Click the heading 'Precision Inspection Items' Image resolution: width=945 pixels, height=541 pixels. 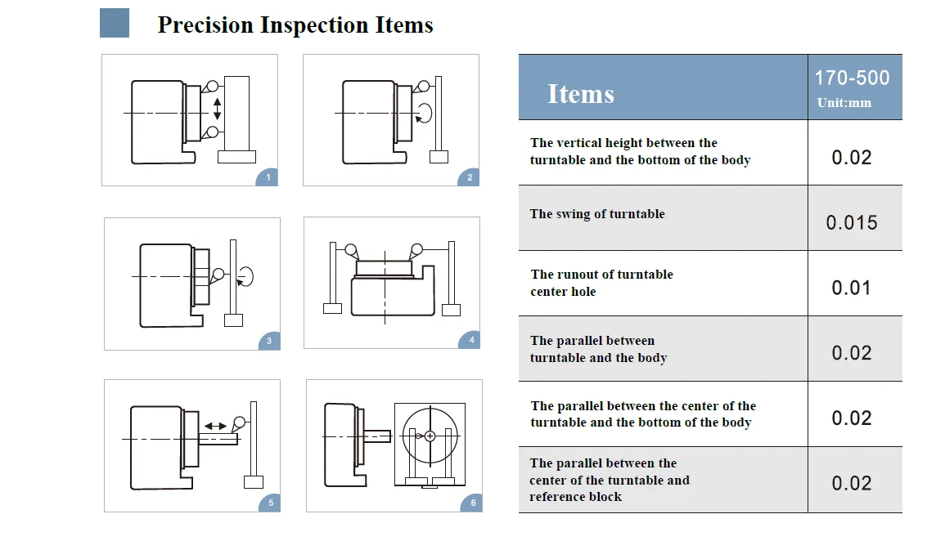pos(295,25)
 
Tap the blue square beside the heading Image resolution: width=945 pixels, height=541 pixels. pos(115,23)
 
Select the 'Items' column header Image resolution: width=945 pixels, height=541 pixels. pos(580,94)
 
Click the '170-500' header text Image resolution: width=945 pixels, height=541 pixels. pos(852,78)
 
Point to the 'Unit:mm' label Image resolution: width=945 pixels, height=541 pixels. pos(844,103)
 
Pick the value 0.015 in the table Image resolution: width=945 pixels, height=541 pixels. pos(851,222)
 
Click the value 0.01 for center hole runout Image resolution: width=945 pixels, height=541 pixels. pos(851,288)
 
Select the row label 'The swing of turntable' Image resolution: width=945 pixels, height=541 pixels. pos(597,214)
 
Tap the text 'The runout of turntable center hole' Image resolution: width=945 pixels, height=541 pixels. pos(601,283)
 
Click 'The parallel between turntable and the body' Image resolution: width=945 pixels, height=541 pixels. pos(598,349)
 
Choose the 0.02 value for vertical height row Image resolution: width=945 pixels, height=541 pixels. pos(851,157)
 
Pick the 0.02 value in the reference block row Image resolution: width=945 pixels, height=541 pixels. pos(851,483)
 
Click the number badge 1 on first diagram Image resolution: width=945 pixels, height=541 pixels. pos(268,177)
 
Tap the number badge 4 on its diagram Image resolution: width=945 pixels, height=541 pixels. pos(470,340)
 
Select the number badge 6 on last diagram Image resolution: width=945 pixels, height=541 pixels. pos(472,503)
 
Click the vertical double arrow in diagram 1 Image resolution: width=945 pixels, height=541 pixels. pos(217,109)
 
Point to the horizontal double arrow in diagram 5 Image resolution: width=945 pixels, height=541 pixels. pos(216,426)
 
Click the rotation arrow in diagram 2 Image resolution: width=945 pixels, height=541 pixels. pos(425,111)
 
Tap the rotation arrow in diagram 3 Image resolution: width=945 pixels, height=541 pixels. pos(246,277)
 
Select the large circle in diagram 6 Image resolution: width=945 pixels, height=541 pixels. pos(430,435)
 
